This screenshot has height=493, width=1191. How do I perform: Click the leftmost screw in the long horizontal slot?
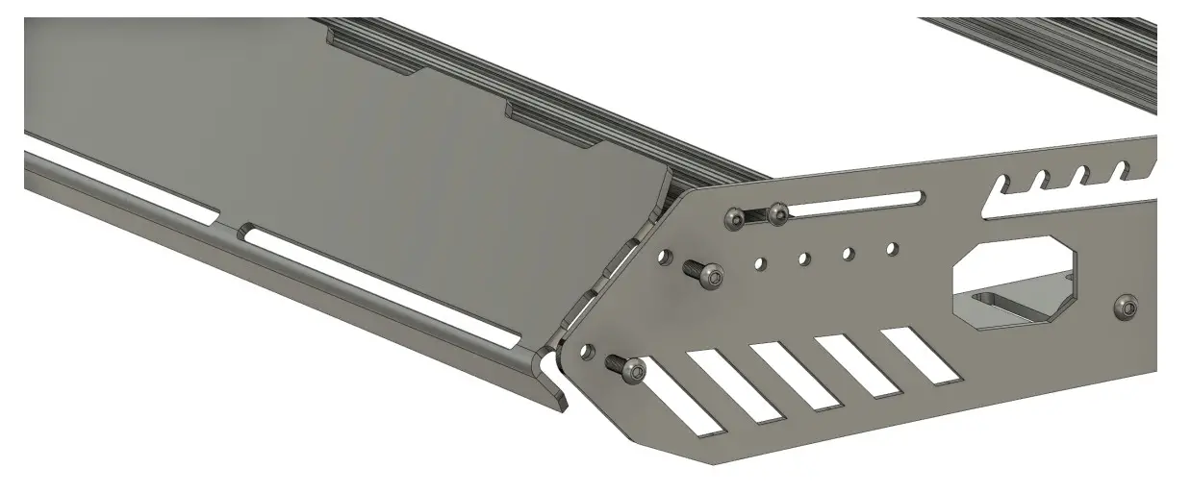coord(737,219)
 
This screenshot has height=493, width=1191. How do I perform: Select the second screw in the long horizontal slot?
coord(777,212)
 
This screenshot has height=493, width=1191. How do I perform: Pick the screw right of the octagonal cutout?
coord(1126,308)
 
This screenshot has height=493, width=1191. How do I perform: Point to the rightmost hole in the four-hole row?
coord(892,249)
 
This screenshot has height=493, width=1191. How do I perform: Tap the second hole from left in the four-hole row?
coord(804,258)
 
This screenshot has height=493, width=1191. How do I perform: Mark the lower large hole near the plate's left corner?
coord(589,351)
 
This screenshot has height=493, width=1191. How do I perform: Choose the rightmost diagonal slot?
coord(921,357)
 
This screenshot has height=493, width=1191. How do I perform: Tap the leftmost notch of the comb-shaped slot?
coord(1001,185)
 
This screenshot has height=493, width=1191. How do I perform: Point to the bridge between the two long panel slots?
coord(231,229)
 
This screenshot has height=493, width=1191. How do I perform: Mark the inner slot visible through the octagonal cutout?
coord(1020,306)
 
